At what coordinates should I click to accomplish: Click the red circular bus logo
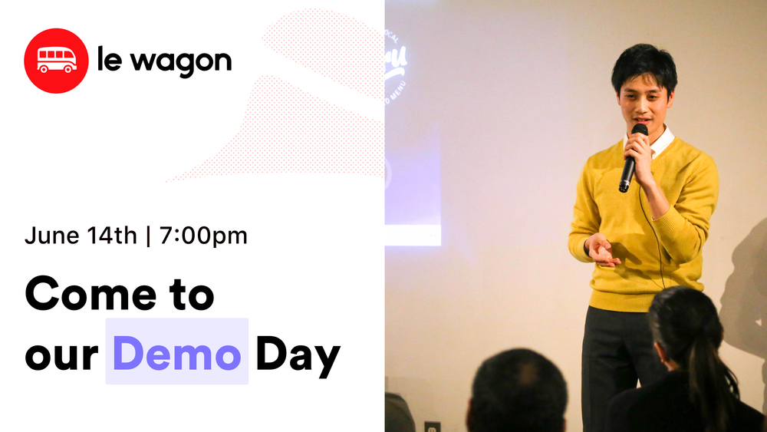[57, 61]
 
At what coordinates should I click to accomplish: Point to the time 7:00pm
[204, 236]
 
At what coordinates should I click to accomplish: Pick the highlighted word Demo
[177, 352]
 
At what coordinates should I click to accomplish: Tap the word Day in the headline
[298, 354]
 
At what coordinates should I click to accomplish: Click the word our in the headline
[61, 355]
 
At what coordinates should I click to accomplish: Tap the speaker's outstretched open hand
[600, 250]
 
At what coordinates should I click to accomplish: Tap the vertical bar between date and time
[148, 236]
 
